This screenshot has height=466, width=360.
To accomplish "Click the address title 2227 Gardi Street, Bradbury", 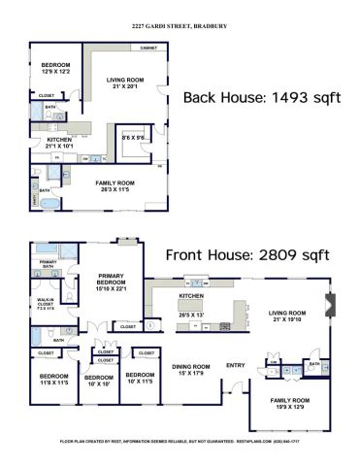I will click(x=179, y=27).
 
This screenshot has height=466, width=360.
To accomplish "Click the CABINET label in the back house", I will click(x=148, y=48).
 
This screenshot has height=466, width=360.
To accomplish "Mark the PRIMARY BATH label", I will click(x=47, y=263).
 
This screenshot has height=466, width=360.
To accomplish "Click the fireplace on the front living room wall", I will click(x=332, y=304).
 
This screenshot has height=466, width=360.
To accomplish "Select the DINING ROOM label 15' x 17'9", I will click(x=191, y=369).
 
